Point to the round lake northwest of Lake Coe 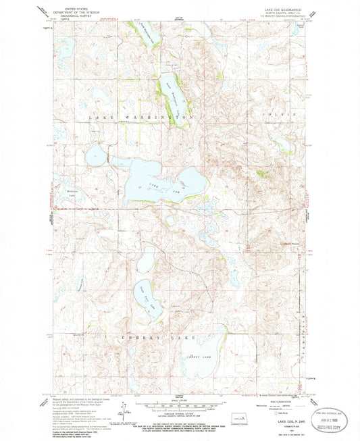point(95,156)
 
